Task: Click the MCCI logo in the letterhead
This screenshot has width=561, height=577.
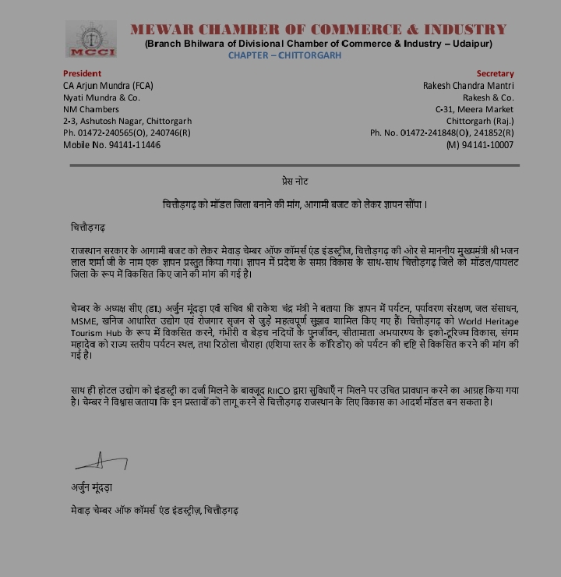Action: coord(90,39)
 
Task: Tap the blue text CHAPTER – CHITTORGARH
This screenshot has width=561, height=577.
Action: coord(284,55)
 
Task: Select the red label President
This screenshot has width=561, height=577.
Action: coord(82,73)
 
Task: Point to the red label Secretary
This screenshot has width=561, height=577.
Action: coord(496,73)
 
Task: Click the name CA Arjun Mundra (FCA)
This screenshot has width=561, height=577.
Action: coord(108,85)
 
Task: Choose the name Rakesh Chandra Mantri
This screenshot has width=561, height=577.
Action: coord(468,85)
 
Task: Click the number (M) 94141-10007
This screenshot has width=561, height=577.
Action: coord(480,145)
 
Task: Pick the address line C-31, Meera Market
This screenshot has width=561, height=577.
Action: coord(475,109)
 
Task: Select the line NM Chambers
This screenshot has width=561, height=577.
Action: coord(91,109)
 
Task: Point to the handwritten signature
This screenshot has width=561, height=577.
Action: coord(101,462)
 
